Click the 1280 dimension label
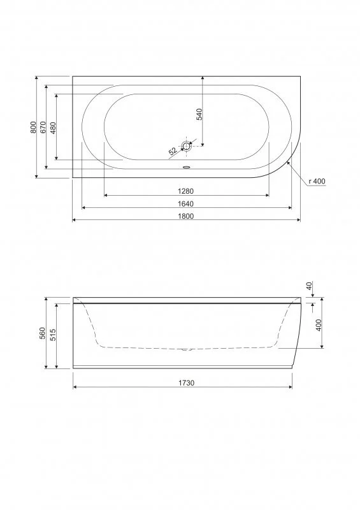185,191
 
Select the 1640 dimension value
185,203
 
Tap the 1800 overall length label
185,216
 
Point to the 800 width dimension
33,127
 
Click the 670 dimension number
43,127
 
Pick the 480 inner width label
54,127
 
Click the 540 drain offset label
199,114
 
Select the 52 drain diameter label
173,150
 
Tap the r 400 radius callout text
317,181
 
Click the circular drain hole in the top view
186,147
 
